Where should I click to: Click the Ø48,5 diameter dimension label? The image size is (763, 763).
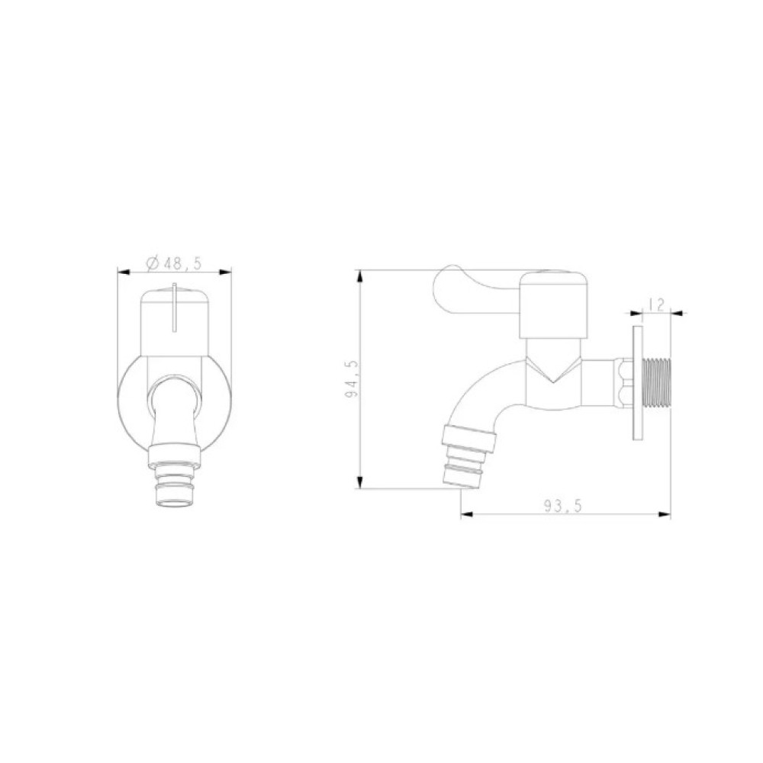pos(174,263)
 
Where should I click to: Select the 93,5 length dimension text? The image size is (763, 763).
pos(563,507)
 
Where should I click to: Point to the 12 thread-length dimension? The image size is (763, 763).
pos(656,304)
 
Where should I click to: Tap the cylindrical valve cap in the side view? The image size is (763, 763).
pos(554,305)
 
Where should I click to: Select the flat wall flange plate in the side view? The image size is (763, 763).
pos(637,384)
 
